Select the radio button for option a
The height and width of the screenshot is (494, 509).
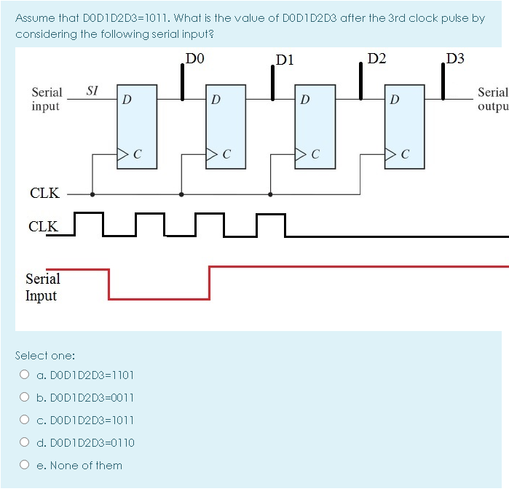(x=25, y=375)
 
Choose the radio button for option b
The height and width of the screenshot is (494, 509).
(x=25, y=398)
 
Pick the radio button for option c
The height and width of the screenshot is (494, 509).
(x=25, y=421)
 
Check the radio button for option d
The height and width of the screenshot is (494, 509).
(x=25, y=443)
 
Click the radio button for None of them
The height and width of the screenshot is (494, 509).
(x=25, y=466)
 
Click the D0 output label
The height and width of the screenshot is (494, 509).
(x=195, y=58)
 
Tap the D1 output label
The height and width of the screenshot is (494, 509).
(x=285, y=60)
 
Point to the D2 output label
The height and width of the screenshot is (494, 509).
(x=378, y=58)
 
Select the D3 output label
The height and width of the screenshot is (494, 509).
(x=456, y=58)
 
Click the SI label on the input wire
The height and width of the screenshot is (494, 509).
(x=92, y=91)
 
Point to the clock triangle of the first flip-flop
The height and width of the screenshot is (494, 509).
(x=123, y=154)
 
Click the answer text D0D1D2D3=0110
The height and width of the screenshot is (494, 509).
(x=85, y=443)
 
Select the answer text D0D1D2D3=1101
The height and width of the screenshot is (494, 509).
(x=85, y=375)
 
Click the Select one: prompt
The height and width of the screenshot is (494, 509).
(x=45, y=356)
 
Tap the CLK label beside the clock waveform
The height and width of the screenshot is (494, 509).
(x=43, y=226)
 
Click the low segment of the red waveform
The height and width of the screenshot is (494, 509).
(x=159, y=298)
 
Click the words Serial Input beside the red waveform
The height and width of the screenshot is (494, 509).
(x=42, y=287)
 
